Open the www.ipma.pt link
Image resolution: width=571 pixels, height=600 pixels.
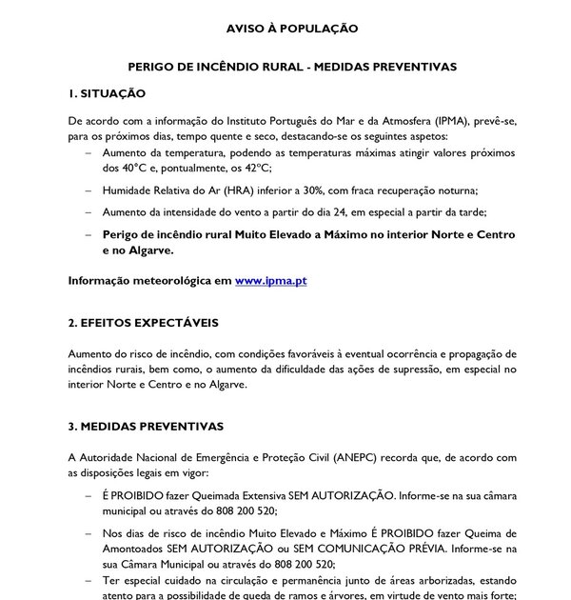[x=271, y=282]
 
